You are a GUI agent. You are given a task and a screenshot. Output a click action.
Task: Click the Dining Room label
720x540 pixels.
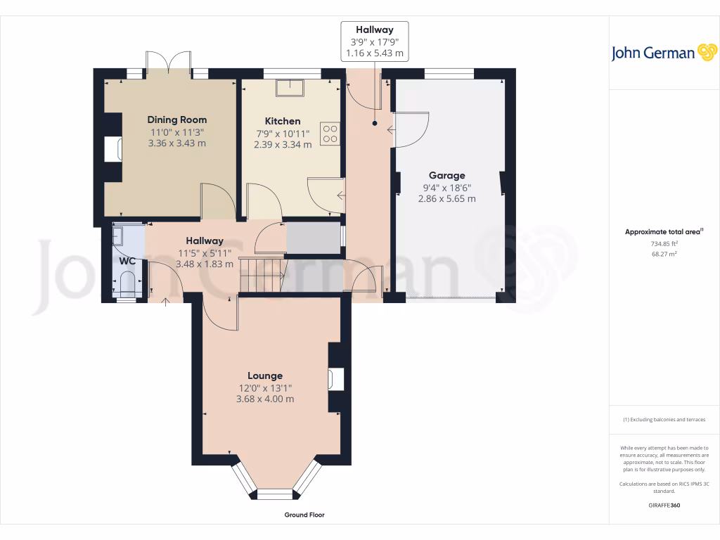point(177,120)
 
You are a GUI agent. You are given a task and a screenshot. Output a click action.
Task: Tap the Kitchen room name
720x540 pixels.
point(283,121)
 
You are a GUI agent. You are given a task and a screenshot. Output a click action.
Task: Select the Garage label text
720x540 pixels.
point(447,175)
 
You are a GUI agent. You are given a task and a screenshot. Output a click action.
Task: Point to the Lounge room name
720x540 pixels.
point(265,375)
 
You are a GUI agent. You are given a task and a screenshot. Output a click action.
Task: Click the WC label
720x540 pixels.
point(127,261)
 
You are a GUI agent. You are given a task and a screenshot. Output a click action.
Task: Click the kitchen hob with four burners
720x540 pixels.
point(330,134)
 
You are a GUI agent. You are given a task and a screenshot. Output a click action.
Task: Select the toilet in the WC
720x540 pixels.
point(127,285)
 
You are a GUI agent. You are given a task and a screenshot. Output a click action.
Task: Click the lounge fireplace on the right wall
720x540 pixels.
point(335,379)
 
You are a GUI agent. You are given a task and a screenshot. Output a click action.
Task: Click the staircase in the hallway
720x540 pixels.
point(261,274)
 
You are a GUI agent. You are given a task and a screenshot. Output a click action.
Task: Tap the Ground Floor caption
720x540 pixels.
point(304,515)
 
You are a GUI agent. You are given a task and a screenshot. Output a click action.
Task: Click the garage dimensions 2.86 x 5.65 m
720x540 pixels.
point(446,199)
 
